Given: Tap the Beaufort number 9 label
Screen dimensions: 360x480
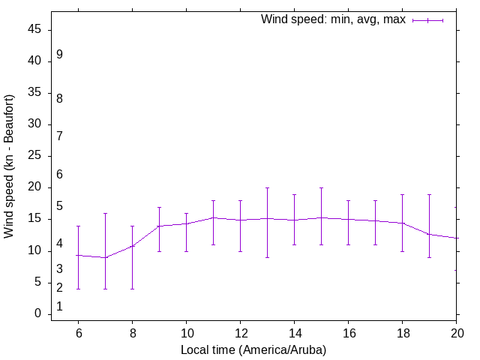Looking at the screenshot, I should tap(59, 55).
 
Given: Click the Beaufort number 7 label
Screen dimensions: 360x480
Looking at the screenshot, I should tap(59, 136).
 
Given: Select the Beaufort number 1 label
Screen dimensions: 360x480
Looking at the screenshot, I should tap(59, 307).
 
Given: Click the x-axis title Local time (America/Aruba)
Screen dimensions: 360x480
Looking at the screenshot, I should tap(253, 349).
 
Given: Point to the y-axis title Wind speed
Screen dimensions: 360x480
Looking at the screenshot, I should tap(10, 166).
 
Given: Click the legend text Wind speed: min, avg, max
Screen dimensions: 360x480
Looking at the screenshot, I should tap(333, 19).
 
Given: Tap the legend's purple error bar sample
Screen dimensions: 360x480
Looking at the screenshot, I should tap(428, 20).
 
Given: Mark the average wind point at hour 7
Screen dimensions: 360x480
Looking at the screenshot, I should tap(105, 257).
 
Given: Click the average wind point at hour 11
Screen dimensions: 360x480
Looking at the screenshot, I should tap(213, 217).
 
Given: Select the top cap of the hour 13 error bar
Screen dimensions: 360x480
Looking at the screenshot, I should tap(267, 187).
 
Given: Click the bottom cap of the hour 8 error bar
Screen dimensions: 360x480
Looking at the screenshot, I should tap(132, 289).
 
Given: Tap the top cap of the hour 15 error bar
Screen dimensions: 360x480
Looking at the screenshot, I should tap(321, 187).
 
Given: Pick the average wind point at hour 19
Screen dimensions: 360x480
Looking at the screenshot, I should tap(429, 234).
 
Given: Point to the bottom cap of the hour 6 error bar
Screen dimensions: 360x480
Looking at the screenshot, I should tap(78, 289).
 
